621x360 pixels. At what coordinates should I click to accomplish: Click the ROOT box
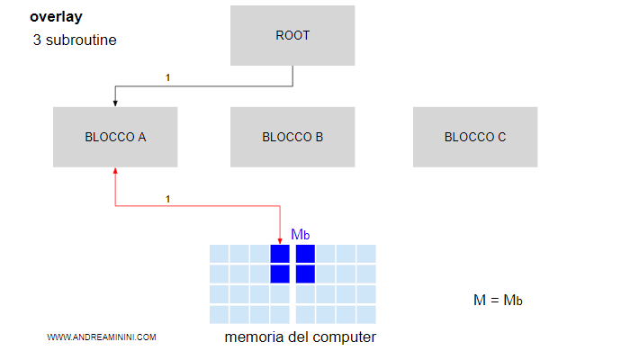tap(292, 36)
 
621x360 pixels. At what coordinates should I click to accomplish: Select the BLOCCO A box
tap(115, 138)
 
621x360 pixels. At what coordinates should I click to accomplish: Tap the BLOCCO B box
tap(292, 138)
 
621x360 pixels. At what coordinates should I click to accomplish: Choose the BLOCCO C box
tap(475, 138)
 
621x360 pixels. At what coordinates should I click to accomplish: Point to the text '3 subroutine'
tap(74, 41)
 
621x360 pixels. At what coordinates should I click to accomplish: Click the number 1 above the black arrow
tap(167, 78)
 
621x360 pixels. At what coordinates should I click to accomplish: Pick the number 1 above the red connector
tap(167, 199)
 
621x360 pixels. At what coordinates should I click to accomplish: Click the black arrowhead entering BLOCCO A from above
tap(115, 103)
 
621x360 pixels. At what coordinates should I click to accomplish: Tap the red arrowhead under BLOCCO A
tap(115, 171)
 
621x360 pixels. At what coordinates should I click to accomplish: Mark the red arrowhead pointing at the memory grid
tap(281, 239)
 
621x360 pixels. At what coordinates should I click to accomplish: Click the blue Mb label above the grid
tap(301, 235)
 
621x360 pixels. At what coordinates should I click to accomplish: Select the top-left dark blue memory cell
tap(280, 253)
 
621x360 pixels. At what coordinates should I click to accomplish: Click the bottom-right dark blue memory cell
tap(305, 274)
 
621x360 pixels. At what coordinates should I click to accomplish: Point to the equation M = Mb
tap(498, 300)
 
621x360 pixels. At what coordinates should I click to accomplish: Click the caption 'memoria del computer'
tap(300, 337)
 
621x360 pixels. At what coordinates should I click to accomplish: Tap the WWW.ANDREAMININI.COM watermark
tap(102, 337)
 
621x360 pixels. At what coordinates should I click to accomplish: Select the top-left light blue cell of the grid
tap(219, 253)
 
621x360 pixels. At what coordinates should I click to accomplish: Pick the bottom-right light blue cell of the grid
tap(365, 314)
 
